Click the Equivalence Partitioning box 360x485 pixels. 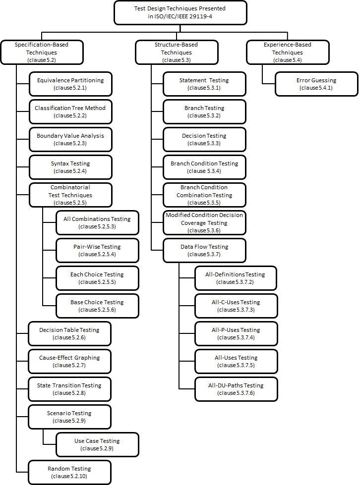tap(70, 84)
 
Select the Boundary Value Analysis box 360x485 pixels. tap(70, 139)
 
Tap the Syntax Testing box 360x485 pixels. tap(70, 167)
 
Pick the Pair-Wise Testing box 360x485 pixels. tap(97, 250)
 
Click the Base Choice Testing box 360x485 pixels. tap(97, 306)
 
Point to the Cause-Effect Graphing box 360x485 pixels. tap(69, 361)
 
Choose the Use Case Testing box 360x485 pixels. tap(97, 444)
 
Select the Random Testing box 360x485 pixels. tap(69, 472)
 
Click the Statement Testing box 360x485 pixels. tap(204, 84)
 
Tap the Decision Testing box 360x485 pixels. tap(204, 139)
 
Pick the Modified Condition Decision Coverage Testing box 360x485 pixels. tap(204, 223)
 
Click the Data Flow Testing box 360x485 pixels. tap(204, 250)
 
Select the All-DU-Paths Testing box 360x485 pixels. tap(236, 389)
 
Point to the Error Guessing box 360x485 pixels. tap(316, 84)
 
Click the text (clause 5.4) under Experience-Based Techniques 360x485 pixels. tap(288, 60)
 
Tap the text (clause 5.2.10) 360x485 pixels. tap(69, 477)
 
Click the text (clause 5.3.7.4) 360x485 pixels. tap(236, 337)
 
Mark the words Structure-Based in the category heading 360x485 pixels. tap(176, 45)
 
